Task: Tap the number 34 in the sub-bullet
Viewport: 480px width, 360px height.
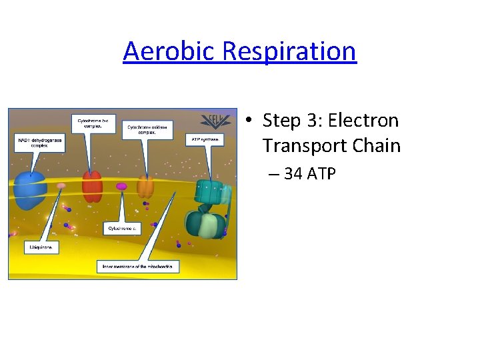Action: coord(293,175)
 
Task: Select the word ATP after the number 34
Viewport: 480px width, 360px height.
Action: coord(321,175)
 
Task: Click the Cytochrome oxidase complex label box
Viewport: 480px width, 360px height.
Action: coord(147,129)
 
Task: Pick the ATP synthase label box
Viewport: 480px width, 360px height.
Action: coord(204,139)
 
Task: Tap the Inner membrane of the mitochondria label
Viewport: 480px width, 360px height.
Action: coord(138,266)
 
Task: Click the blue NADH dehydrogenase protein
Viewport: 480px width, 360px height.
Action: coord(29,189)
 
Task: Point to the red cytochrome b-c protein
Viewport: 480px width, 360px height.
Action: coord(92,186)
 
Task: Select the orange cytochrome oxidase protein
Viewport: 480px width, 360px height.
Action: coord(145,187)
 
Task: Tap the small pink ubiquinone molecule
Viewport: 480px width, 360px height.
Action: coord(61,187)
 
